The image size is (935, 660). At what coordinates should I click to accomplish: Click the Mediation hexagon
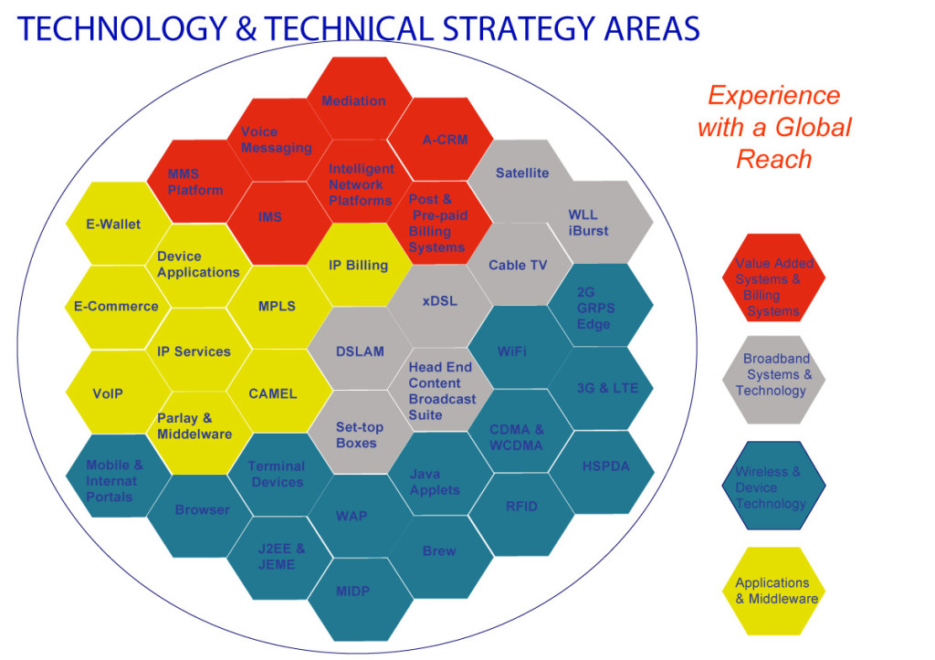(x=354, y=100)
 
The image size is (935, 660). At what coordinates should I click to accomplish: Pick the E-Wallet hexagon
(x=108, y=224)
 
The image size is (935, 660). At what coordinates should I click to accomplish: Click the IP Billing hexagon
(x=359, y=265)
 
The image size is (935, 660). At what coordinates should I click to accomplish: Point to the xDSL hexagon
(x=440, y=301)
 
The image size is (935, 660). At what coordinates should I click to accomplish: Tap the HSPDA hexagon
(x=605, y=466)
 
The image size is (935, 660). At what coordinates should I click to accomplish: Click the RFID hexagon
(x=521, y=507)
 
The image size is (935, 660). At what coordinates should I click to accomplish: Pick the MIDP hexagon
(x=352, y=591)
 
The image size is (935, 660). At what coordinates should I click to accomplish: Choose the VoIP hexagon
(x=108, y=394)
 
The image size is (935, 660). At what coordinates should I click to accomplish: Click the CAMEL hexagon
(x=273, y=393)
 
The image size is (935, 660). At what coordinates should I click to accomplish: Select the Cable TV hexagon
(x=518, y=265)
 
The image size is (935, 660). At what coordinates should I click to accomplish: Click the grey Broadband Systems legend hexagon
(x=773, y=375)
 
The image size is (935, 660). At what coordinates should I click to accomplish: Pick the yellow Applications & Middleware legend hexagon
(x=773, y=590)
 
